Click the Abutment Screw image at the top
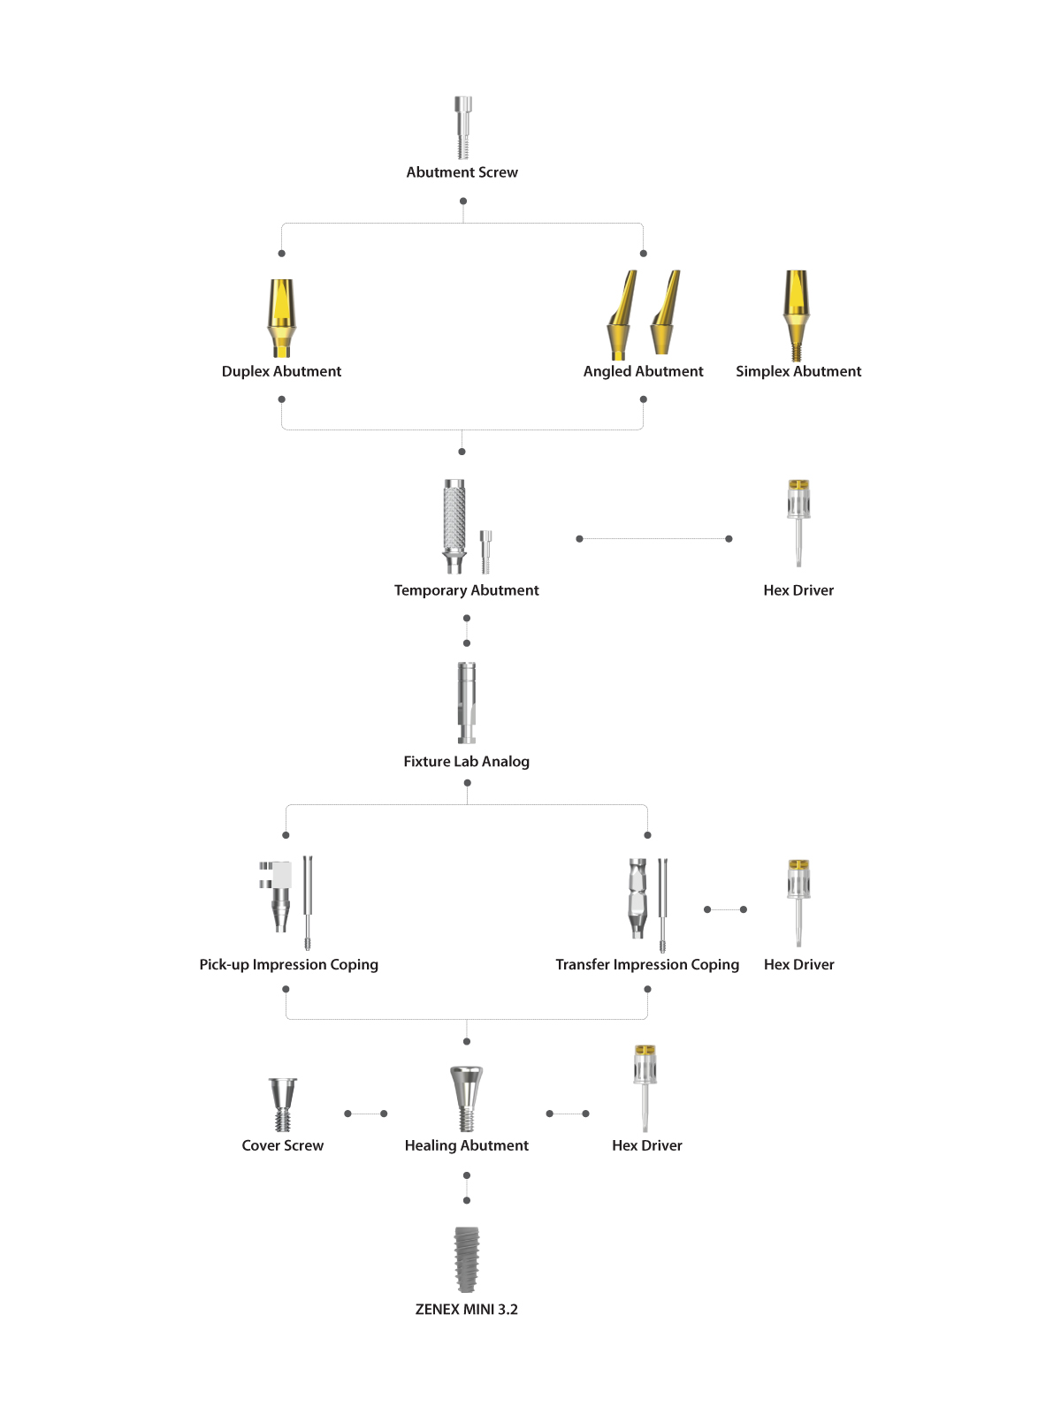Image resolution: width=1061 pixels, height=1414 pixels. pyautogui.click(x=462, y=127)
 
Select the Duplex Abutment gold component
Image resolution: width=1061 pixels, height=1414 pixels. pyautogui.click(x=281, y=317)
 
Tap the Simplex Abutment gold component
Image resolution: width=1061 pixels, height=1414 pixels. pyautogui.click(x=797, y=315)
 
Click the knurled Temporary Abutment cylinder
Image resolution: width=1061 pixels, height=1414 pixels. pyautogui.click(x=454, y=526)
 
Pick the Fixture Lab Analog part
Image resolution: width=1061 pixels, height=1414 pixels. pyautogui.click(x=467, y=703)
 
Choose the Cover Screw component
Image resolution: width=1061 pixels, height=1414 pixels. pyautogui.click(x=283, y=1104)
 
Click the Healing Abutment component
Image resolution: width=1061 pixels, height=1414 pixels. pyautogui.click(x=467, y=1099)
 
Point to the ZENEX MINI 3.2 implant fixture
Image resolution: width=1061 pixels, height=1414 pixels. pyautogui.click(x=467, y=1259)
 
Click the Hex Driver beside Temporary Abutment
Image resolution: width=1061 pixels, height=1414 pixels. pyautogui.click(x=798, y=522)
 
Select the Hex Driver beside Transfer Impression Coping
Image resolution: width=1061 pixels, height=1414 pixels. pyautogui.click(x=798, y=902)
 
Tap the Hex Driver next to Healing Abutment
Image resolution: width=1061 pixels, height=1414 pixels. pyautogui.click(x=645, y=1088)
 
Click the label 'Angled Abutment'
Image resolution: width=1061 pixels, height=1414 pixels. pyautogui.click(x=643, y=371)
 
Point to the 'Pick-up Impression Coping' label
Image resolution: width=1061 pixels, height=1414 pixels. pyautogui.click(x=288, y=964)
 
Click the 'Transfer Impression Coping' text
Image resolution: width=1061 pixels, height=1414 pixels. pyautogui.click(x=647, y=964)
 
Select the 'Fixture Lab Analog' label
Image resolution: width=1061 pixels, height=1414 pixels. pyautogui.click(x=467, y=762)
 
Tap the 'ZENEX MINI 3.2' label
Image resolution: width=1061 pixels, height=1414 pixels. pyautogui.click(x=467, y=1309)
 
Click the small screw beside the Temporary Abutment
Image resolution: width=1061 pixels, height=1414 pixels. pyautogui.click(x=485, y=551)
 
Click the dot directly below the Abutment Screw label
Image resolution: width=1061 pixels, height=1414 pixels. pyautogui.click(x=463, y=201)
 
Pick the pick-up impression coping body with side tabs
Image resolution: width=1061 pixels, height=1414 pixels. pyautogui.click(x=276, y=896)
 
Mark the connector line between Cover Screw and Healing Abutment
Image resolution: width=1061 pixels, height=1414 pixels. pyautogui.click(x=366, y=1114)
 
